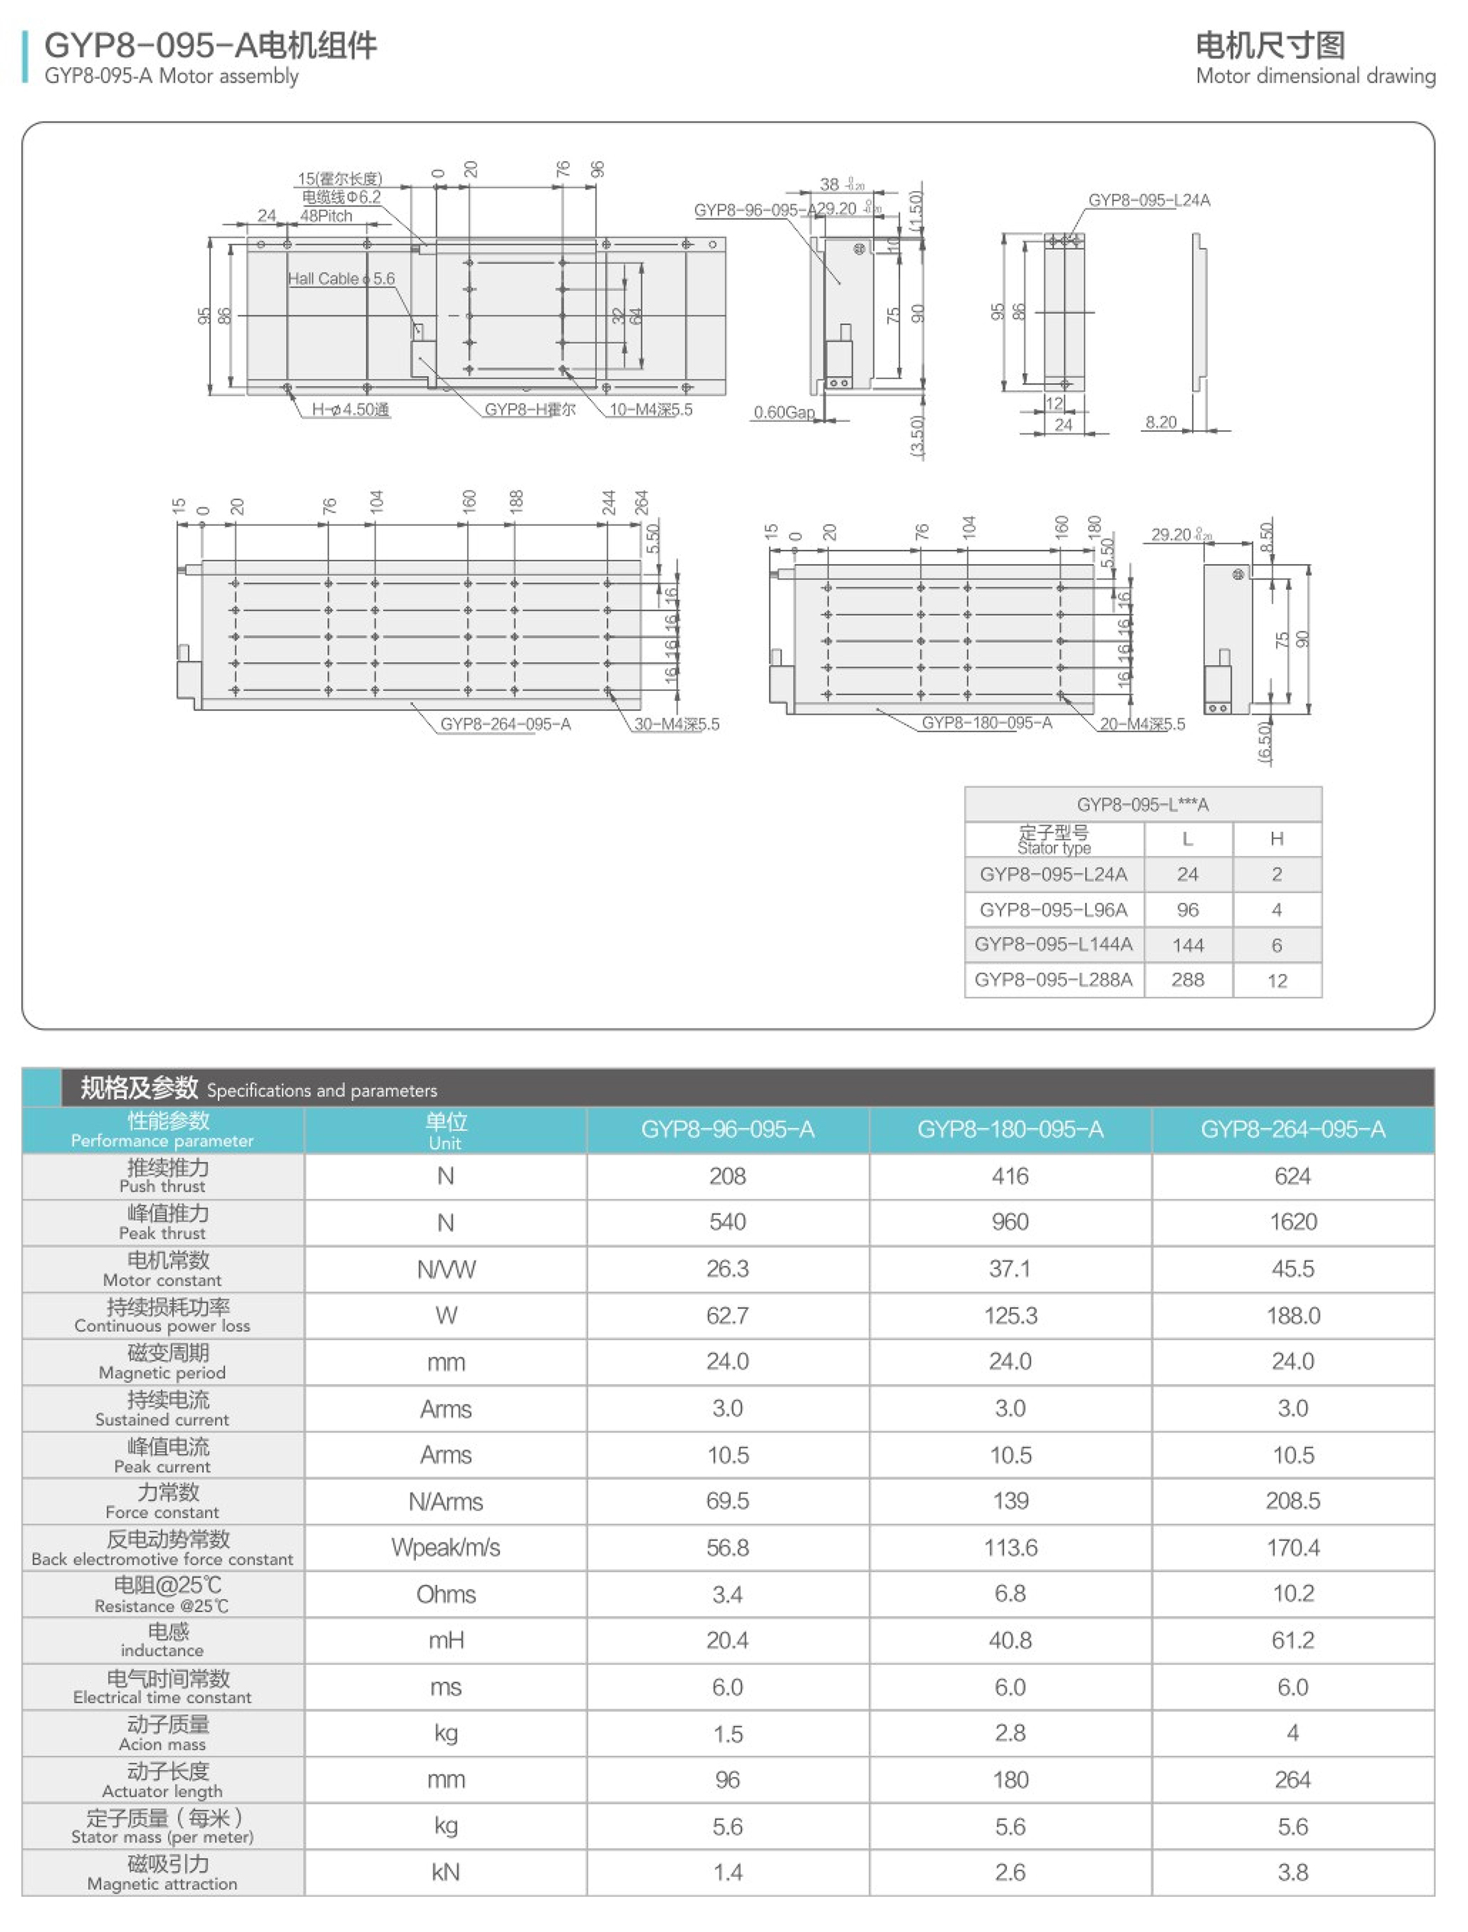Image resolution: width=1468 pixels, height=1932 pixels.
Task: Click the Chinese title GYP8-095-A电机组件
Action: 210,45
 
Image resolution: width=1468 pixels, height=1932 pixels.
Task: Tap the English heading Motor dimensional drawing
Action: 1314,77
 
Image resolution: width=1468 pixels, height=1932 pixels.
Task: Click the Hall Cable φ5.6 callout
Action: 341,279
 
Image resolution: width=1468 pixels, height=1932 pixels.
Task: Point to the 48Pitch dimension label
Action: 326,216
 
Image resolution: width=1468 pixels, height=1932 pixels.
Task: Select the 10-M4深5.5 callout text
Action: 650,410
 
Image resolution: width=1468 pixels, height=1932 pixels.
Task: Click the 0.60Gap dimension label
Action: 784,412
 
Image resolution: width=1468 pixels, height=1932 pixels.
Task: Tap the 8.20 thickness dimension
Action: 1161,423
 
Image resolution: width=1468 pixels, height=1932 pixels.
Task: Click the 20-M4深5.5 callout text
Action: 1142,724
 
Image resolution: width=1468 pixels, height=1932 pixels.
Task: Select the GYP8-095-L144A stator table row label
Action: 1053,944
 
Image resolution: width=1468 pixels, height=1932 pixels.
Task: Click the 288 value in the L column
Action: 1187,980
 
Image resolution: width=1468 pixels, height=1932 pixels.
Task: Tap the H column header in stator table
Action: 1277,839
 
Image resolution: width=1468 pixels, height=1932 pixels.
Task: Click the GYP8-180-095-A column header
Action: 1010,1130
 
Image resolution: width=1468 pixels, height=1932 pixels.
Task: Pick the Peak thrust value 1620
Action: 1292,1222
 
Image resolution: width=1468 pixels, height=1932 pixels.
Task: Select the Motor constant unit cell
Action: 446,1269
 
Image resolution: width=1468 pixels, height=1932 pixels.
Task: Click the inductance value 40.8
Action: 1010,1640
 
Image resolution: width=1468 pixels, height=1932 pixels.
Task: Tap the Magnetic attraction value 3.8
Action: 1292,1872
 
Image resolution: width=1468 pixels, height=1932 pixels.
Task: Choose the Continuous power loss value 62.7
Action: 727,1315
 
